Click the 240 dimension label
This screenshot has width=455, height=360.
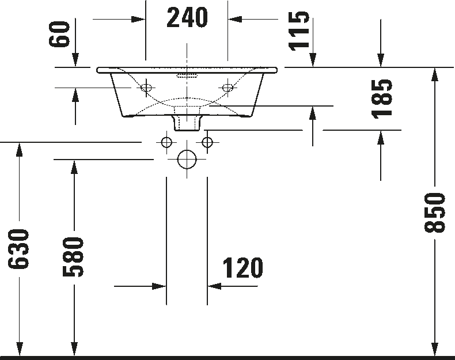[187, 18]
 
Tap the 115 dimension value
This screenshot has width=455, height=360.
[300, 31]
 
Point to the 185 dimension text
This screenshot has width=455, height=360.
[382, 98]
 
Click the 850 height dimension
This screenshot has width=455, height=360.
[435, 213]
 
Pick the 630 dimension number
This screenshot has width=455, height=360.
[19, 249]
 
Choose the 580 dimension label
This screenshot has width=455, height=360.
[74, 256]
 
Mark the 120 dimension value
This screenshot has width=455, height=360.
[242, 268]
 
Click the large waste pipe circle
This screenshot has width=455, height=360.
[187, 159]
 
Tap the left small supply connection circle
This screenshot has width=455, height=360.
[167, 142]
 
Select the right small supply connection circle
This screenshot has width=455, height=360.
[207, 142]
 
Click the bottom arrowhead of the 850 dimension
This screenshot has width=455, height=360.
[435, 348]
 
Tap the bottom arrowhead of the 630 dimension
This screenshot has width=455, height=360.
[19, 348]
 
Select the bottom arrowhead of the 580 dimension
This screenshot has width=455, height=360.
[74, 348]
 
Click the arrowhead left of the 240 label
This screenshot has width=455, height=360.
[138, 20]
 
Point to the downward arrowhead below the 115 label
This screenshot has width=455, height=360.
[312, 59]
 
